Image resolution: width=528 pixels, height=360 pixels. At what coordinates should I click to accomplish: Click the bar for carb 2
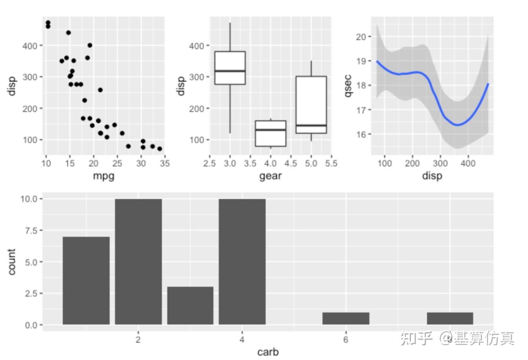(x=138, y=261)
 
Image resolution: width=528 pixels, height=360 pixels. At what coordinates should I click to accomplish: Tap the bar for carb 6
(x=346, y=318)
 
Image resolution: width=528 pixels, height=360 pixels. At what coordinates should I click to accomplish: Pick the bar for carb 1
(x=86, y=280)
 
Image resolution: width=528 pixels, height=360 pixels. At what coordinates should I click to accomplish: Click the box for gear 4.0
(x=271, y=133)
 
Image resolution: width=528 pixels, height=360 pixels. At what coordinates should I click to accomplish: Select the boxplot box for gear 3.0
(x=230, y=68)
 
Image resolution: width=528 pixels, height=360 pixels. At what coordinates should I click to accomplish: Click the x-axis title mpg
(x=104, y=175)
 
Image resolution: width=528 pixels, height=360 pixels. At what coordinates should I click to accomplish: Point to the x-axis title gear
(x=270, y=175)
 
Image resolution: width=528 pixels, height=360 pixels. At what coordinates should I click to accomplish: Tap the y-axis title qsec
(x=348, y=85)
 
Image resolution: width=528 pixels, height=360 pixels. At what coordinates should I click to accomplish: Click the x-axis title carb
(x=268, y=352)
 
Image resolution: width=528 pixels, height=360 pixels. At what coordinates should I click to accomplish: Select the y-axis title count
(x=11, y=261)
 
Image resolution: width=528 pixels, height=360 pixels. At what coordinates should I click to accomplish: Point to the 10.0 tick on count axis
(x=29, y=199)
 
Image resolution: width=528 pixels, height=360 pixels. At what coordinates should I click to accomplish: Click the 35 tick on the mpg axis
(x=165, y=163)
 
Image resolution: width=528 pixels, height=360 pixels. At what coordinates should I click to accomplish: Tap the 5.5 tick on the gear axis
(x=331, y=163)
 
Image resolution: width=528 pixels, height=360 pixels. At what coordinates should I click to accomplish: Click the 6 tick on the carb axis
(x=346, y=340)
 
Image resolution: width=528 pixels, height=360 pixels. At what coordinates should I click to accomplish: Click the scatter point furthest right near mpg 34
(x=159, y=149)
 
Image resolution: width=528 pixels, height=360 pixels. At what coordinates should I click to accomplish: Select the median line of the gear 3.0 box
(x=230, y=71)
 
